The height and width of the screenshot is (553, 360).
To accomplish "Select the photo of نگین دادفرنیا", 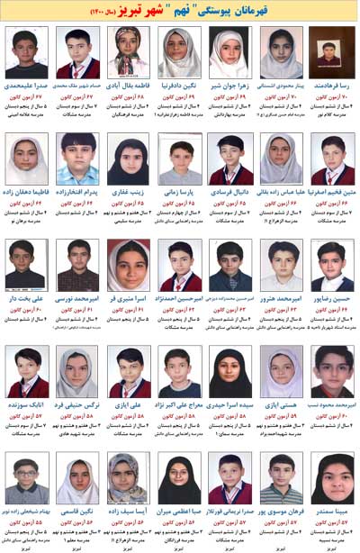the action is tap(179, 52).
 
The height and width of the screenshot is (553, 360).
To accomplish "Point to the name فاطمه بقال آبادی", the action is tap(128, 87).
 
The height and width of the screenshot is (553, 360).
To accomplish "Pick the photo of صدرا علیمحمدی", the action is tap(26, 52).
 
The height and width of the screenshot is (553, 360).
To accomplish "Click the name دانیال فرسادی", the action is tap(230, 193).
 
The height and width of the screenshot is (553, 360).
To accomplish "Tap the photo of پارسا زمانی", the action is tap(179, 160).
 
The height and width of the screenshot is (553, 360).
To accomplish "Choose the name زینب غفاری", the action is tap(129, 193).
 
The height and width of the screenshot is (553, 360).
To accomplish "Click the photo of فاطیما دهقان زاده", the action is tap(26, 160).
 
